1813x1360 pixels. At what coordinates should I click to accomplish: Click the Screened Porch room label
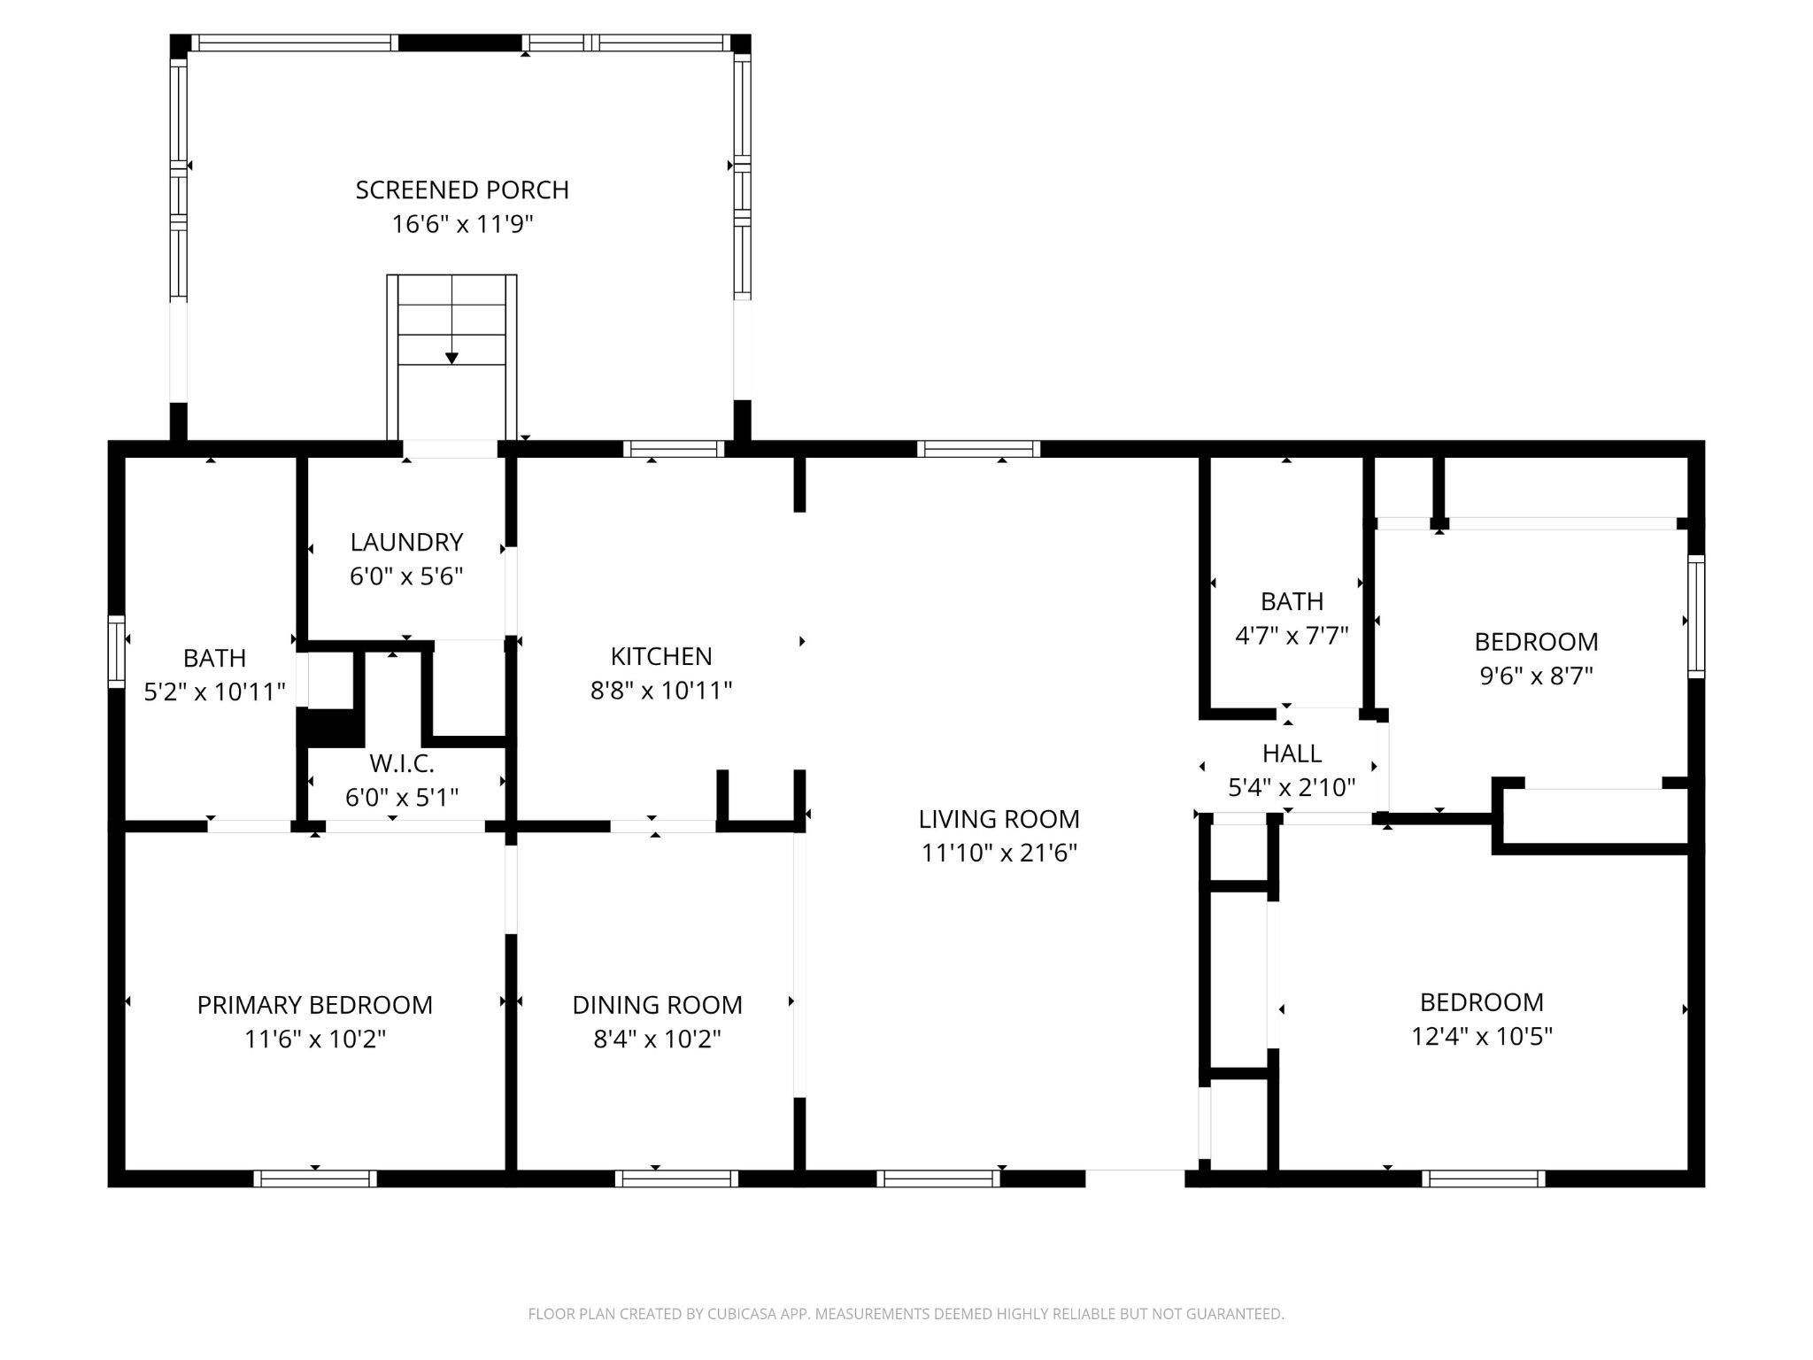tap(462, 189)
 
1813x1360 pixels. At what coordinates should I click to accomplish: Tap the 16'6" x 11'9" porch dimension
tap(462, 224)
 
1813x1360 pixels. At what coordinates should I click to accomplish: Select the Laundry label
tap(406, 542)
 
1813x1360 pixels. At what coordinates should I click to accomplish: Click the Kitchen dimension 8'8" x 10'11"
tap(661, 690)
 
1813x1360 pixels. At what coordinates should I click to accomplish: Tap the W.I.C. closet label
tap(402, 763)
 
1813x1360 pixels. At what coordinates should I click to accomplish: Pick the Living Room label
tap(999, 819)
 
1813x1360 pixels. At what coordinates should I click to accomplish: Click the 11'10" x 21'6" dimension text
tap(999, 853)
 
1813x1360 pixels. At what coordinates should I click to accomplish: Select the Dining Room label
tap(657, 1005)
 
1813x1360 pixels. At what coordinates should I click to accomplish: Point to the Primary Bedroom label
tap(314, 1005)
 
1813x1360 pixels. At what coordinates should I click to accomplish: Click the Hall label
tap(1292, 753)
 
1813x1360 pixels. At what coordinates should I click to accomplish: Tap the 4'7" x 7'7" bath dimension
tap(1292, 635)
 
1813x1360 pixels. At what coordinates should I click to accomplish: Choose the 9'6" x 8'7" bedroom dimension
tap(1536, 676)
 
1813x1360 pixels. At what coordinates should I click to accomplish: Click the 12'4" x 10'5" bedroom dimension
tap(1482, 1035)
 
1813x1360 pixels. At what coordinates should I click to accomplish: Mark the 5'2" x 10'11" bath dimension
tap(214, 692)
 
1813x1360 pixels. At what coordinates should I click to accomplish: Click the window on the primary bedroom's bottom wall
tap(315, 1178)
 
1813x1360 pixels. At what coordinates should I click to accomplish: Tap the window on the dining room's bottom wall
tap(676, 1178)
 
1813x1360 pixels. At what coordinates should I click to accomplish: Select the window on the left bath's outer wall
tap(117, 652)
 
